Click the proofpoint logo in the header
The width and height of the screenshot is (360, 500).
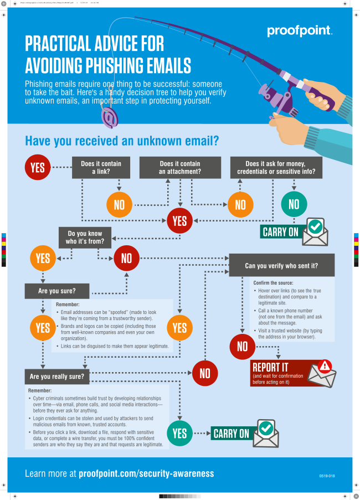pos(300,31)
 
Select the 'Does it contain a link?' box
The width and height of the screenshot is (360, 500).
pos(101,167)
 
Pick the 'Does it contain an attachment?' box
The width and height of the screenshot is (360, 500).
pos(180,167)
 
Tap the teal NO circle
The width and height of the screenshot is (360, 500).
pos(294,204)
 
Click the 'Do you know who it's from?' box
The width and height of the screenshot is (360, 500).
pos(85,238)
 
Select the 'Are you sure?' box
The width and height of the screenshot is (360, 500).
pos(56,290)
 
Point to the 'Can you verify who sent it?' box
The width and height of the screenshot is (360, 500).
pos(281,265)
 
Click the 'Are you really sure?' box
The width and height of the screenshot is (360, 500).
pos(57,377)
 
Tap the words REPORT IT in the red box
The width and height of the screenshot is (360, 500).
pos(270,367)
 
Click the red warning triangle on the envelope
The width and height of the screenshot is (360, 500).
pos(325,366)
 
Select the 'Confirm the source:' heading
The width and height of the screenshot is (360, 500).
pos(272,283)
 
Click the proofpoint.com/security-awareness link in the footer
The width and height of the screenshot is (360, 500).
pos(146,473)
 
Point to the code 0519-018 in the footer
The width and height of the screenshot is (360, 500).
pos(327,476)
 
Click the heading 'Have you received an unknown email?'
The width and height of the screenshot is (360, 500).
pos(122,141)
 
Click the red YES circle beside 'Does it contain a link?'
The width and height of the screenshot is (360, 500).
pos(38,167)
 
